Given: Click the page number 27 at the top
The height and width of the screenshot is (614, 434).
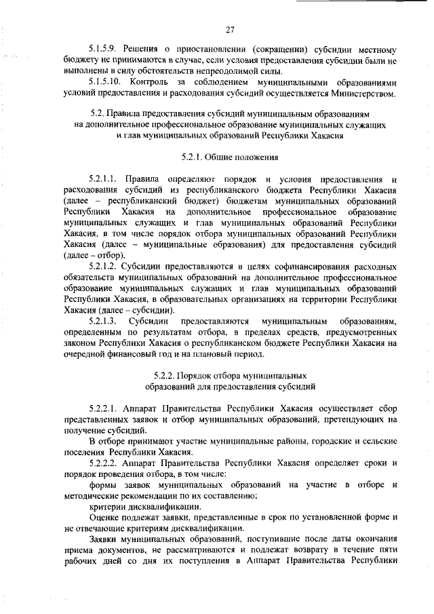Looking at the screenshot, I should point(230,29).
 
